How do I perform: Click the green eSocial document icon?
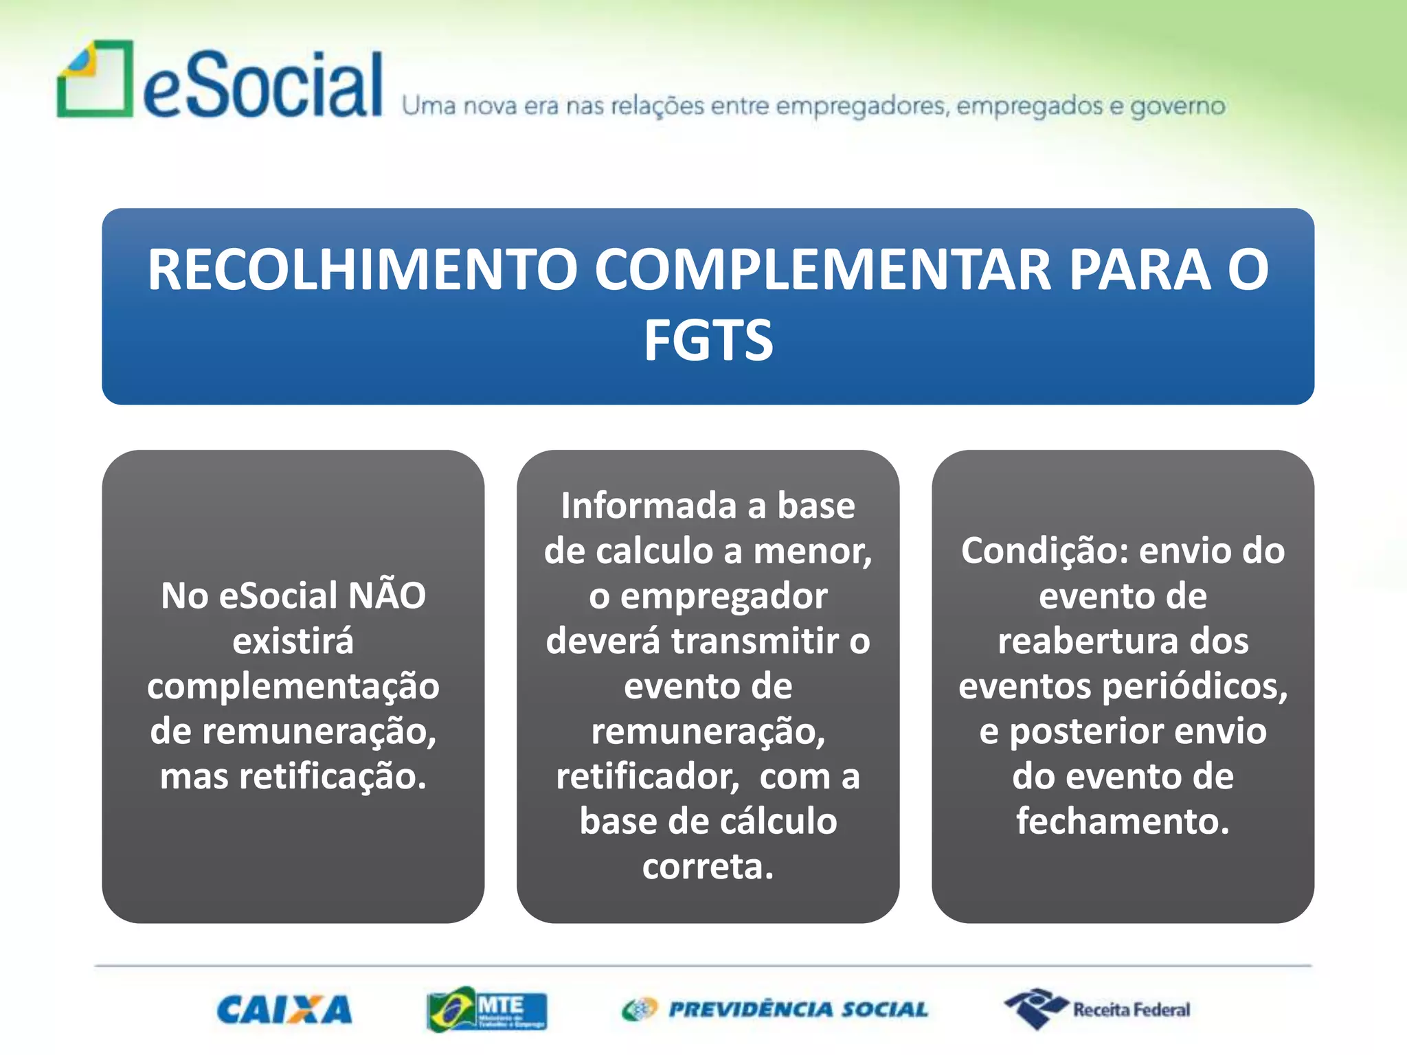95,79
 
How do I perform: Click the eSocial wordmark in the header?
262,86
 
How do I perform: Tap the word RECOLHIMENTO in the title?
362,270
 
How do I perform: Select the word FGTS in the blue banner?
708,341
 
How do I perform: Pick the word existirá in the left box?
293,641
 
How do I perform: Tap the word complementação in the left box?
293,686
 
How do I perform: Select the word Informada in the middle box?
649,506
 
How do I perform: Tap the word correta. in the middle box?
708,867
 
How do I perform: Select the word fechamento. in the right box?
1123,821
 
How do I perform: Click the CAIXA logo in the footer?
284,1010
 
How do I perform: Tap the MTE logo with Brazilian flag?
486,1009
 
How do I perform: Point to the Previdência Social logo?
775,1009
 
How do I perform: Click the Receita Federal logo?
1097,1009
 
